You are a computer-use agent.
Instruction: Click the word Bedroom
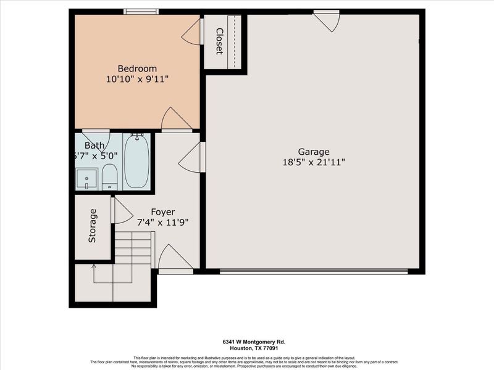point(137,68)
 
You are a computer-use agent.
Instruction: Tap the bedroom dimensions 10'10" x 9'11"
point(137,79)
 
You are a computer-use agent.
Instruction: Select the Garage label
point(314,152)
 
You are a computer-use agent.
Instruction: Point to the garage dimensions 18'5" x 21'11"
point(314,162)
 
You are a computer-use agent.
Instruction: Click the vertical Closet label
point(219,41)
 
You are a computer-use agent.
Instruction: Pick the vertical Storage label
point(93,226)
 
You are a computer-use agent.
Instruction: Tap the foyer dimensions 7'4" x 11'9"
point(163,221)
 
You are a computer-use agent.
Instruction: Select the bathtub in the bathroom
point(136,162)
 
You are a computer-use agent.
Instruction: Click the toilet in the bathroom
point(109,176)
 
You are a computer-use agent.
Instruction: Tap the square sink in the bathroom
point(86,179)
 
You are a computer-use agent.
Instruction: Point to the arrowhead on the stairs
point(94,266)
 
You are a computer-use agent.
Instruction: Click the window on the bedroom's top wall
point(141,11)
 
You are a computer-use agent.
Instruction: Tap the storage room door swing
point(121,211)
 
